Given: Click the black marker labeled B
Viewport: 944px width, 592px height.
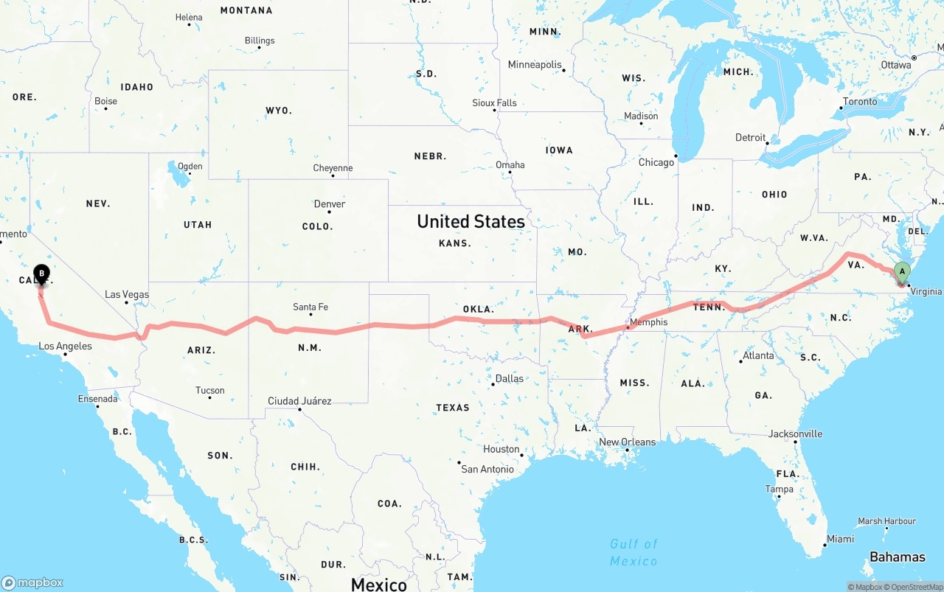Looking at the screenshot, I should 42,274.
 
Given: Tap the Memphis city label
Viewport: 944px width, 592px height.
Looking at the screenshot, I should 649,322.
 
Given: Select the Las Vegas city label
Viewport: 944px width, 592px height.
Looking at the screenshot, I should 127,295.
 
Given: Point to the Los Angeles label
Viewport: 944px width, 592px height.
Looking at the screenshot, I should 65,346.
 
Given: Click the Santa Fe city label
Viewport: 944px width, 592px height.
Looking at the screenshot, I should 310,307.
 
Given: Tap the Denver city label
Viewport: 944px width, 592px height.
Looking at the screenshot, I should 330,204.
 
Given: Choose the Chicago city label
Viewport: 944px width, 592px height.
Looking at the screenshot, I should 656,162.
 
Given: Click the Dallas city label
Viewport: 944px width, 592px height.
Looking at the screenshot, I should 510,379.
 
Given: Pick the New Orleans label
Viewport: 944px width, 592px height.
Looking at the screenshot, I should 627,442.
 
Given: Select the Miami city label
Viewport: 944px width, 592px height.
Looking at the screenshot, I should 840,539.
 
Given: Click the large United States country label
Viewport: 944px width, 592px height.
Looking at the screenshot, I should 471,221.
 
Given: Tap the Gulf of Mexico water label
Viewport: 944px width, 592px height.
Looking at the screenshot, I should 634,553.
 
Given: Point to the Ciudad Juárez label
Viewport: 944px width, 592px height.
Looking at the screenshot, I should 299,401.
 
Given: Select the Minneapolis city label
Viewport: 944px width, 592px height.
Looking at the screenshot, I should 535,65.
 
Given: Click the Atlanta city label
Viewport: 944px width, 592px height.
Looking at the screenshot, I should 758,356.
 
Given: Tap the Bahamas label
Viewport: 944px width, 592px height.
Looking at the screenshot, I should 897,557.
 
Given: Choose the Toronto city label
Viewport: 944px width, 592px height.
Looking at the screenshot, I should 860,102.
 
